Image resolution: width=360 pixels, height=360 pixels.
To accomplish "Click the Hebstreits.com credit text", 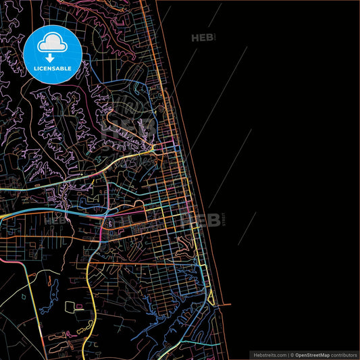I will [269, 354].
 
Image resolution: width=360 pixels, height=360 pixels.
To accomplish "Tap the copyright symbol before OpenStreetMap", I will [291, 354].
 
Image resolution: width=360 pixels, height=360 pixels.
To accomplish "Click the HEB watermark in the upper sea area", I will [201, 38].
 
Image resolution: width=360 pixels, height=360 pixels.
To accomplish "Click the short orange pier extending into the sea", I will [217, 305].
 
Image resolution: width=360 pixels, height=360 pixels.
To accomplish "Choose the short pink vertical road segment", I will [101, 233].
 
